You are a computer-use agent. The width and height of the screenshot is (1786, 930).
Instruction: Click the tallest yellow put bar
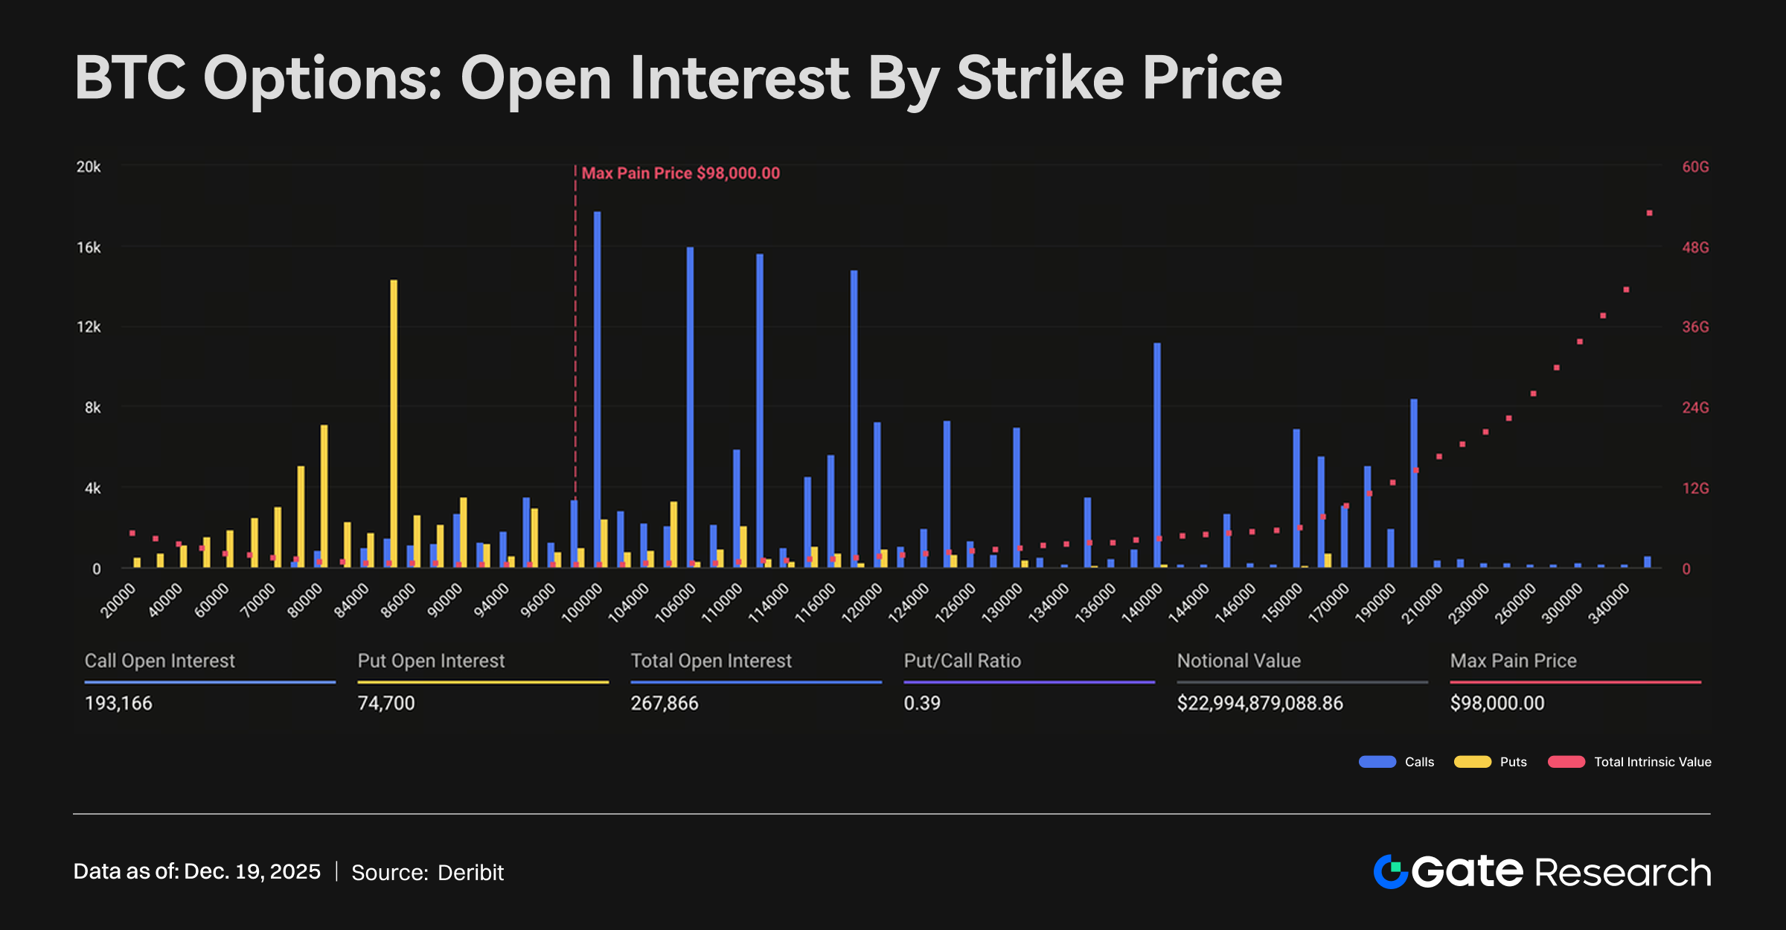pos(394,424)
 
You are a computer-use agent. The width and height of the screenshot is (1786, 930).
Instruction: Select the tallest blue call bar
pos(597,387)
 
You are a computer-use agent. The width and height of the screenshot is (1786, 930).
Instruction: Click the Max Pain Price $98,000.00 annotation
pos(680,173)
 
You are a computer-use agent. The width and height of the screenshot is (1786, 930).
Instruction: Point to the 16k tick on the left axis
pos(89,247)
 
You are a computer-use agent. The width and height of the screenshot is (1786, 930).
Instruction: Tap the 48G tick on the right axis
pos(1695,247)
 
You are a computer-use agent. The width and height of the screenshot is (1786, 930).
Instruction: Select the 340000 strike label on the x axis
pos(1610,602)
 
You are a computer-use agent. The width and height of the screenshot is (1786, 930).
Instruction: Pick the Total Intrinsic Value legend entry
pos(1630,762)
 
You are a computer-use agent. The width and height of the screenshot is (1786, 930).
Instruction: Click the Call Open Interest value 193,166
pos(118,703)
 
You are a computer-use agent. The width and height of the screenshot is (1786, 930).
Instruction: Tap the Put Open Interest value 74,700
pos(386,703)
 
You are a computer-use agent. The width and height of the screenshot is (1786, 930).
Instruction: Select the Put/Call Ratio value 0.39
pos(922,703)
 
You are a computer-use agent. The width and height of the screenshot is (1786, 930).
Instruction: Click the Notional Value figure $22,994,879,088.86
pos(1260,703)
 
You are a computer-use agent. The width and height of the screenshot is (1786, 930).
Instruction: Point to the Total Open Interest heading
pos(711,661)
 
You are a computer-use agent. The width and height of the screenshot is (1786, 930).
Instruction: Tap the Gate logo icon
pos(1390,872)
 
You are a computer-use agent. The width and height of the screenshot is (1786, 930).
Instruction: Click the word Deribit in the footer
pos(470,872)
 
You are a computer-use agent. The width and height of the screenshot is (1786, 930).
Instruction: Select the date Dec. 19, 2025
pos(252,871)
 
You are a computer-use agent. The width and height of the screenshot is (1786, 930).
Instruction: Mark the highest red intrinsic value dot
pos(1649,214)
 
